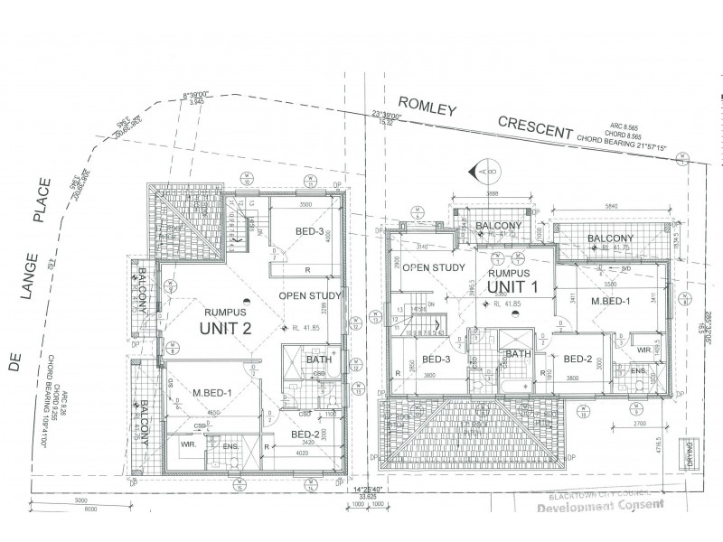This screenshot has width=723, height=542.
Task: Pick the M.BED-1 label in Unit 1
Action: coord(610,300)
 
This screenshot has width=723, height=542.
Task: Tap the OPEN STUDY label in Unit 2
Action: coord(309,295)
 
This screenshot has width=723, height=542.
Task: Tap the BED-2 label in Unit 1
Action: coord(577,359)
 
